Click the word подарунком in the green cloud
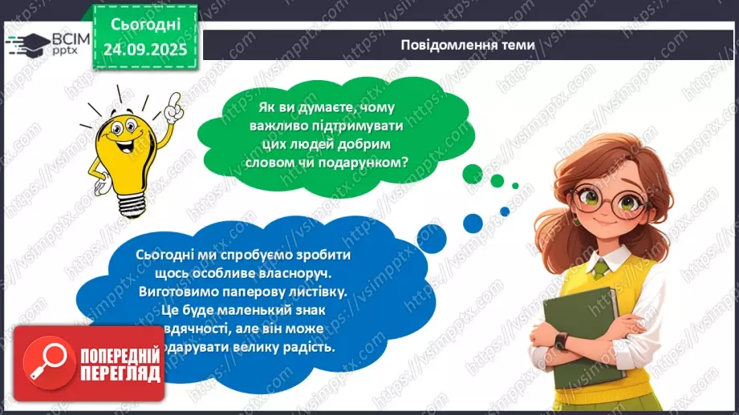370,161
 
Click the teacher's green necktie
599,270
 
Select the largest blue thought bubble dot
473,222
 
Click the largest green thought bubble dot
472,171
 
